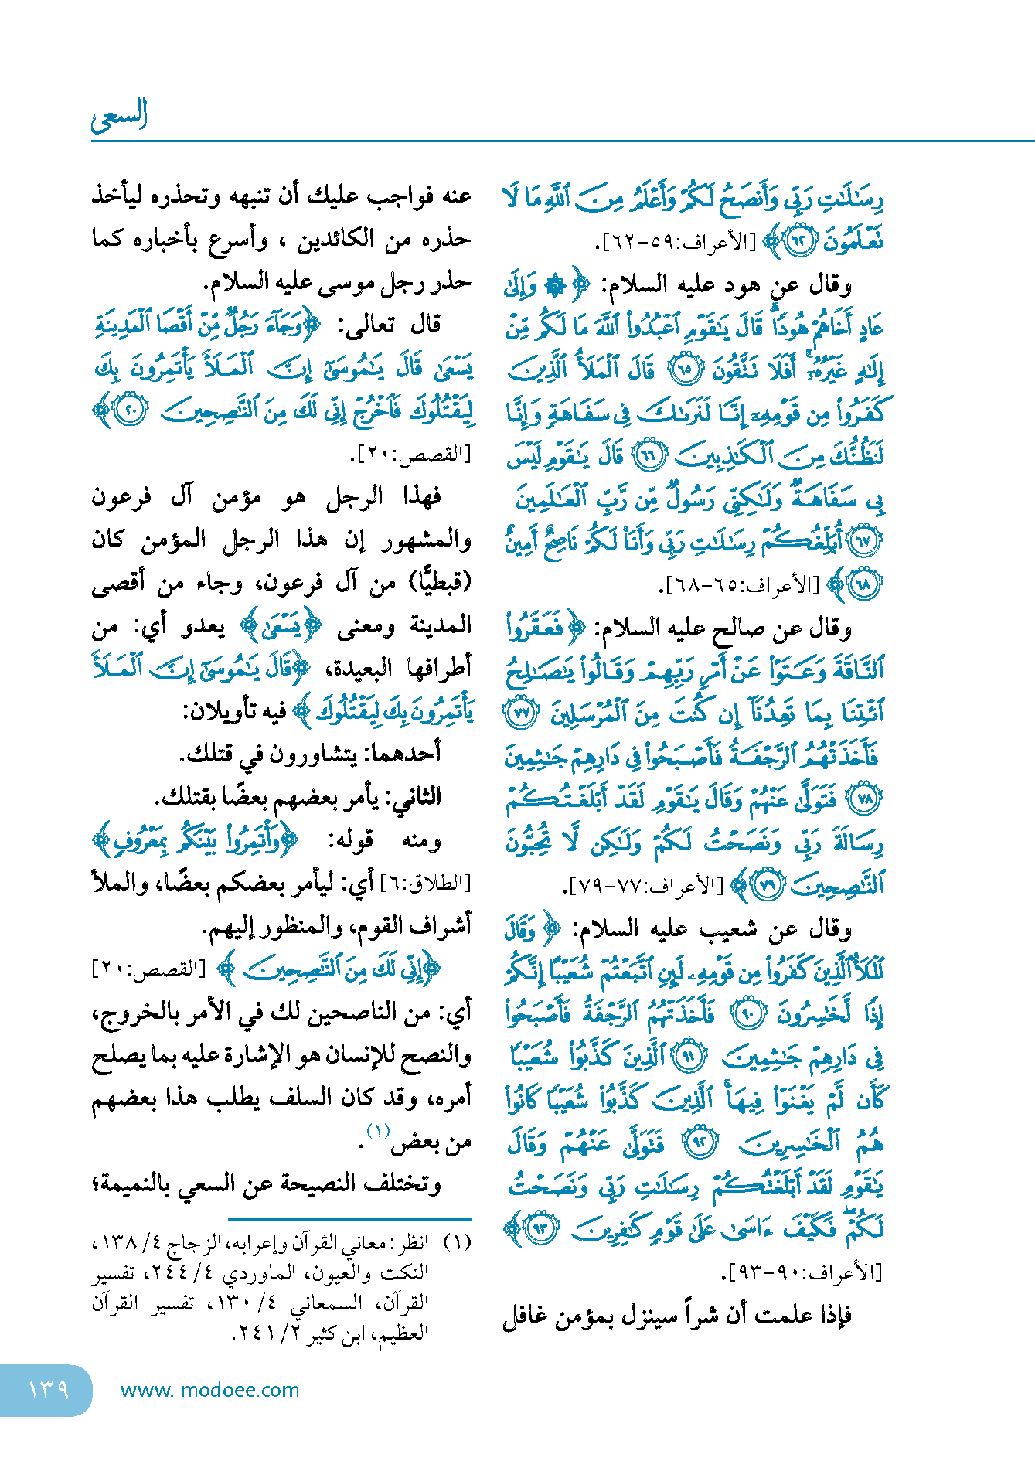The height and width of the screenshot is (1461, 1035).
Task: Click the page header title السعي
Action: coord(119,116)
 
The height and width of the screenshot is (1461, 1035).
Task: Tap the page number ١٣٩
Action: coord(48,1390)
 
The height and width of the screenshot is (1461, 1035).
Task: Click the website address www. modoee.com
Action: coord(209,1390)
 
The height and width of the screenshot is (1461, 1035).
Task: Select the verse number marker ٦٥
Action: coord(685,370)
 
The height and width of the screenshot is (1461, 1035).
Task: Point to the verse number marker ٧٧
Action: coord(520,713)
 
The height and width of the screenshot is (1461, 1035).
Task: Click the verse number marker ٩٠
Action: coord(748,1013)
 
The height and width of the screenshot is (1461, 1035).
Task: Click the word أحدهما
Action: coord(403,753)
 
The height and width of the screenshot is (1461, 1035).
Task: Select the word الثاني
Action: coord(412,796)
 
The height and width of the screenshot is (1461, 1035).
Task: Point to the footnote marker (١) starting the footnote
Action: coord(459,1244)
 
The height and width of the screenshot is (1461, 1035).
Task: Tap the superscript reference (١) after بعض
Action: coord(378,1132)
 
